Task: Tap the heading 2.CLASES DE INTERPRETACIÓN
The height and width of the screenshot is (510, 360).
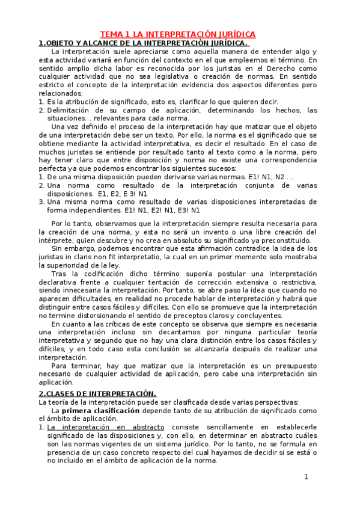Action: click(97, 393)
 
